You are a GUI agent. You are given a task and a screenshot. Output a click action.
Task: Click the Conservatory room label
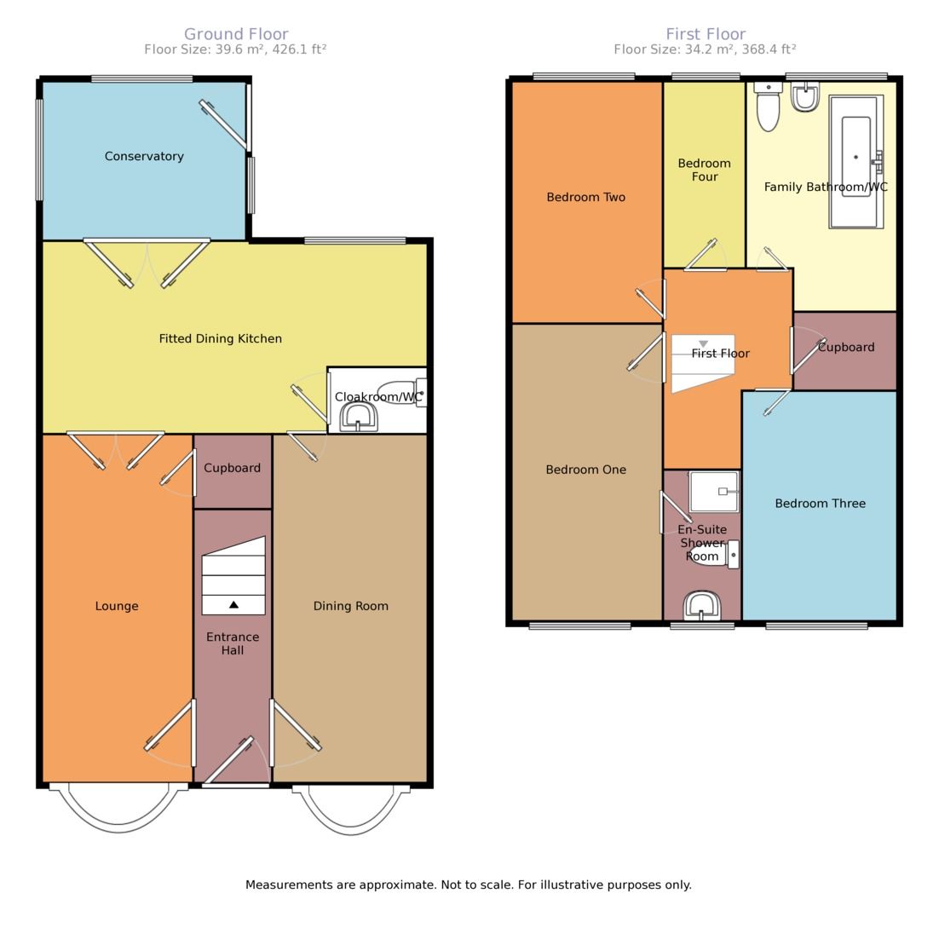coord(143,156)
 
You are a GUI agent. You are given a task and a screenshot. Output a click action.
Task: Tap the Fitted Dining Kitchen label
coord(220,338)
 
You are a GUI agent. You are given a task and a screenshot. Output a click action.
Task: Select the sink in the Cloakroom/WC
coord(359,418)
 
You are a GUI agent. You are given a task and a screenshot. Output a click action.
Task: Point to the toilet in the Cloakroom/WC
coord(399,393)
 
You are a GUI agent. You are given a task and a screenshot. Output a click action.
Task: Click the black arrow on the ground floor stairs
coord(233,604)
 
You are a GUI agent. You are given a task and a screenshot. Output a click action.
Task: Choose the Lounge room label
coord(116,606)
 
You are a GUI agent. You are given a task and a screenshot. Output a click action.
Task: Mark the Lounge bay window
coord(118,810)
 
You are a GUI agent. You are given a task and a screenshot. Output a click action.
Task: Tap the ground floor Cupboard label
coord(232,468)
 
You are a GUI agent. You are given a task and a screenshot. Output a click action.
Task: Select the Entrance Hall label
coord(232,643)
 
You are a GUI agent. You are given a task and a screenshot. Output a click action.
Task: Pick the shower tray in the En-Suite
coord(713,492)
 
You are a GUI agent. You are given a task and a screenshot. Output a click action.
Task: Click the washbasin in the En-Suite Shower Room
coord(701,606)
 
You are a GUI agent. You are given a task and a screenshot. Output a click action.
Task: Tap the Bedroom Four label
coord(704,170)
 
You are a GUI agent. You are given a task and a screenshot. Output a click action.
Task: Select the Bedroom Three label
coord(820,504)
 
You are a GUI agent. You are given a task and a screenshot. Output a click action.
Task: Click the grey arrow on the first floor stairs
coord(703,343)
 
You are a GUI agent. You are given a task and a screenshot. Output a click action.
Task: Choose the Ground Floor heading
coord(236,34)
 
